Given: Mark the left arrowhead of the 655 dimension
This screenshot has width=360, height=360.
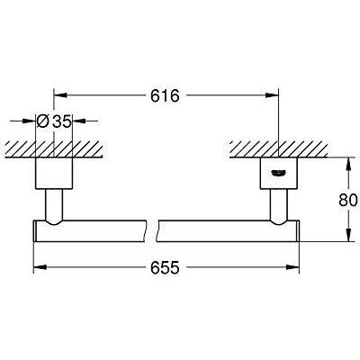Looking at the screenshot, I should [x=38, y=267].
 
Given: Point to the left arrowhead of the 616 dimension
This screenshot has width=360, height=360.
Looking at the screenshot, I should [x=58, y=92].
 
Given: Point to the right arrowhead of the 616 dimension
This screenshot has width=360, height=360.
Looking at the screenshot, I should [x=274, y=92].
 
